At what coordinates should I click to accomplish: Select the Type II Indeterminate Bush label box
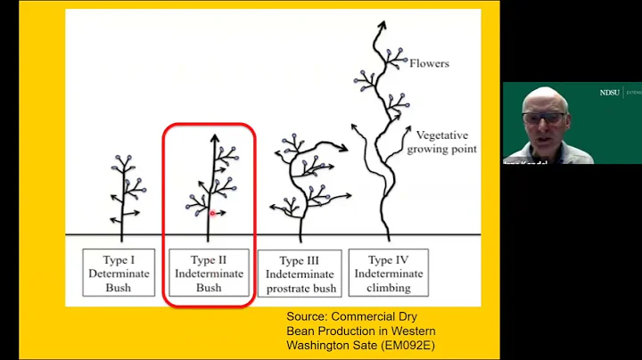(x=209, y=274)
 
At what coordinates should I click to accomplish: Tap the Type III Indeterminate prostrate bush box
(x=300, y=274)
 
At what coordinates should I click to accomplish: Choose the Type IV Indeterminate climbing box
(x=388, y=274)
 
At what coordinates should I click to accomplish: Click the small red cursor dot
(x=213, y=213)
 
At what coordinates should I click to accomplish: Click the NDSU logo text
(x=610, y=93)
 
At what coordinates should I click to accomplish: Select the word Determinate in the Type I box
(x=119, y=274)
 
